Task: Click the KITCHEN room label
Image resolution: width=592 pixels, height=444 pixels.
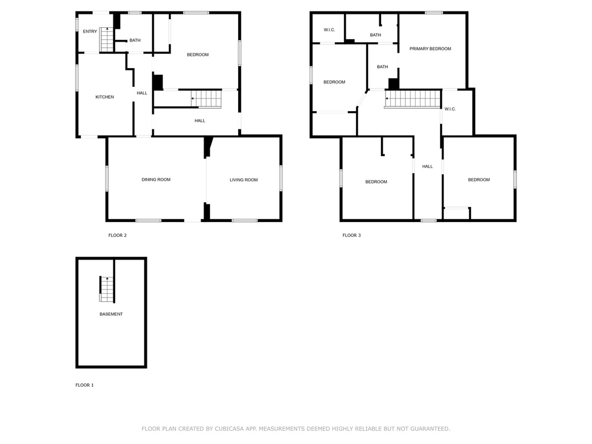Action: tap(105, 97)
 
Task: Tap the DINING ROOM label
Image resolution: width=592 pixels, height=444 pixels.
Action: tap(156, 180)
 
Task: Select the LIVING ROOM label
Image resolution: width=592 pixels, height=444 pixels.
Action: tap(243, 180)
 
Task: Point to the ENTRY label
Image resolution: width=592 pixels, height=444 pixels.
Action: tap(90, 31)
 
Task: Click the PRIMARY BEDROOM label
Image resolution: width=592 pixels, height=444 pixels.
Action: tap(430, 49)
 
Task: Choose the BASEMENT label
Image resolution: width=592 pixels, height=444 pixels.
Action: tap(111, 314)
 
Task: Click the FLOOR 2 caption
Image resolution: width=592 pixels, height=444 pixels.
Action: tap(117, 235)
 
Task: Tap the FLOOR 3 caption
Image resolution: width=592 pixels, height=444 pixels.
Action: tap(351, 235)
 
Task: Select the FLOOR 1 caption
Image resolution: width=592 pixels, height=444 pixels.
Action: tap(84, 385)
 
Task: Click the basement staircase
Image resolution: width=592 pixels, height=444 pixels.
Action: tap(107, 288)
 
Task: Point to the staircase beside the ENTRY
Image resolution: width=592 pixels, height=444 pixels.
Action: tap(107, 40)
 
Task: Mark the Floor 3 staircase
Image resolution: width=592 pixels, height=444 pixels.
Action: tap(413, 98)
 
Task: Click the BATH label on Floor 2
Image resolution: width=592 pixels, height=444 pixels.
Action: tap(135, 40)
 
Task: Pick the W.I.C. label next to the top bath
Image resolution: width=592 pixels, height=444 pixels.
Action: tap(330, 29)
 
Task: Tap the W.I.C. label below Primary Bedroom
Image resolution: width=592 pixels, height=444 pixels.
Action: tap(450, 109)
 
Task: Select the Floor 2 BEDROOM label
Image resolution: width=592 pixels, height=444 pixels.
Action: tap(198, 55)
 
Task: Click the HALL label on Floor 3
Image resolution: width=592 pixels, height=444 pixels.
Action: tap(427, 166)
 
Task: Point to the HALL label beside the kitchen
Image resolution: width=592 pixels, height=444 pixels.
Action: tap(142, 93)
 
